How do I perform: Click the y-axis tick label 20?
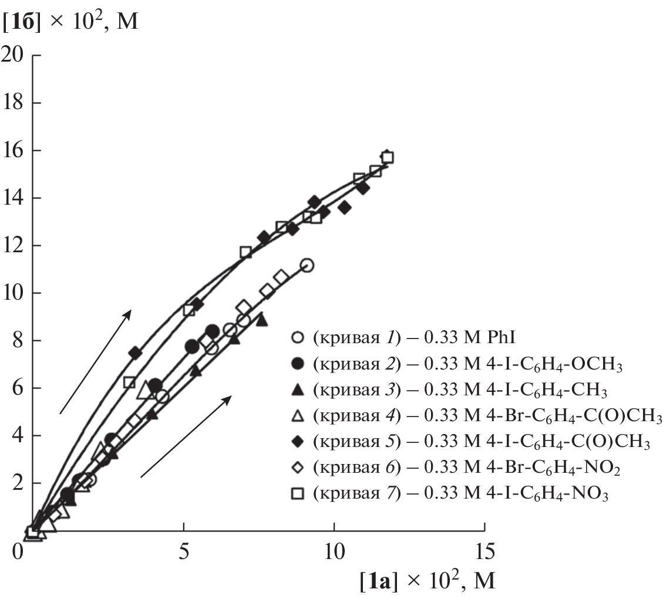tap(13, 56)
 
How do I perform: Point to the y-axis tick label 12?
tap(13, 246)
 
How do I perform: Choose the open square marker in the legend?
tap(298, 495)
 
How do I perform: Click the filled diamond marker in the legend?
tap(298, 442)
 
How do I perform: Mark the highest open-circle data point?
tap(306, 266)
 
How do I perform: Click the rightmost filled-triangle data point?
tap(261, 320)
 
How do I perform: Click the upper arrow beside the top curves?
tap(95, 362)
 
